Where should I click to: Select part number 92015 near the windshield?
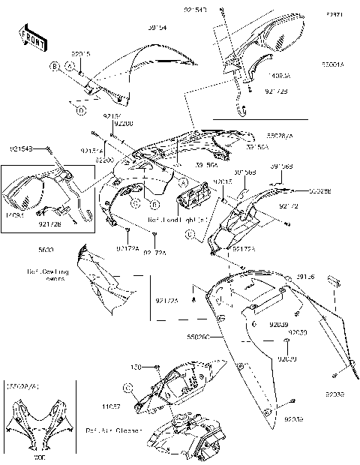(x=81, y=54)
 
